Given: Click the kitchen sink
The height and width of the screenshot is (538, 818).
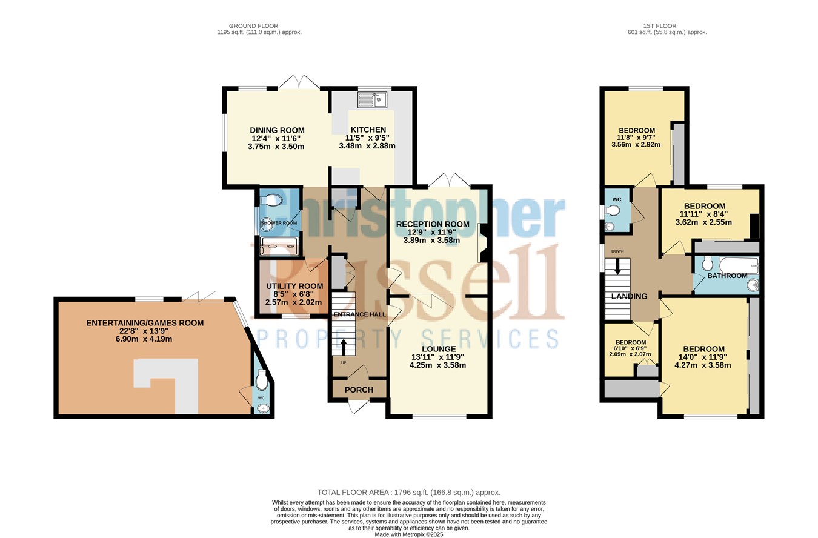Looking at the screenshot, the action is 372,100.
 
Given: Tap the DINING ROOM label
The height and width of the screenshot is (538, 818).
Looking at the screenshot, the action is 277,130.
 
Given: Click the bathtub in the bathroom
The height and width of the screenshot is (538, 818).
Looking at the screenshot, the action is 739,265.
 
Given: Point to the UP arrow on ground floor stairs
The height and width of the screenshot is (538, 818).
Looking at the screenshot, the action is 344,347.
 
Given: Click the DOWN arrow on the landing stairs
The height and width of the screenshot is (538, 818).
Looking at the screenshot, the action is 617,266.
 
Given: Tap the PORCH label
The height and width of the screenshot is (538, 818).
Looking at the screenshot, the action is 359,390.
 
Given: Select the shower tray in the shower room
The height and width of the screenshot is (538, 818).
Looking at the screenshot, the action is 281,247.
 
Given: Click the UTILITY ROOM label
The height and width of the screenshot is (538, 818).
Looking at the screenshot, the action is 294,286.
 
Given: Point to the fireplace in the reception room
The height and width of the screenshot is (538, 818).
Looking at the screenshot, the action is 483,242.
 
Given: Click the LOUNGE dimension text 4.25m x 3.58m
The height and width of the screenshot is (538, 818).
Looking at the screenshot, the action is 438,365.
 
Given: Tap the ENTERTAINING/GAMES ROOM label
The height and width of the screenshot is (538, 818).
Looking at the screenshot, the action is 145,323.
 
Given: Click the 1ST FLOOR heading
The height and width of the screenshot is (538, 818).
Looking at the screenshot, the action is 660,26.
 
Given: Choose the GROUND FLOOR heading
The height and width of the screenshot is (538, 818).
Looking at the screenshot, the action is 253,26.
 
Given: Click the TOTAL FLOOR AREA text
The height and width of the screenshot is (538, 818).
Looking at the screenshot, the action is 408,493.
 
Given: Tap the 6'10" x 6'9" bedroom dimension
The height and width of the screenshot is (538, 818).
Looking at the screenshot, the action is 631,348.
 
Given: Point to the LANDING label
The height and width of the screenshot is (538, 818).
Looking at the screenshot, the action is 629,296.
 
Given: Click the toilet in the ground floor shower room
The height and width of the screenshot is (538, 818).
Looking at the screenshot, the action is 273,201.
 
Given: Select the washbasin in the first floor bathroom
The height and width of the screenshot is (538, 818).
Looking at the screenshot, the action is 753,285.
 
